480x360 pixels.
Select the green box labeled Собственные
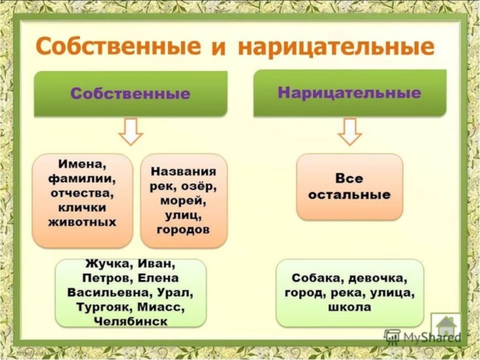click(130, 94)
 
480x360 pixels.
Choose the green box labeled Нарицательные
click(349, 93)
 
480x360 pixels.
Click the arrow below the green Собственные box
click(130, 131)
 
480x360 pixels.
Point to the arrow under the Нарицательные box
click(349, 131)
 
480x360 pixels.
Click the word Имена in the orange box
click(82, 164)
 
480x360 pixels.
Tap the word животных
click(82, 221)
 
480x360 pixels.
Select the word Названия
click(184, 172)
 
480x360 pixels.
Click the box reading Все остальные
click(349, 187)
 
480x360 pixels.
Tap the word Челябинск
click(130, 322)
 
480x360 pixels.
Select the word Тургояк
click(102, 307)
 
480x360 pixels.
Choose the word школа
click(349, 307)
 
